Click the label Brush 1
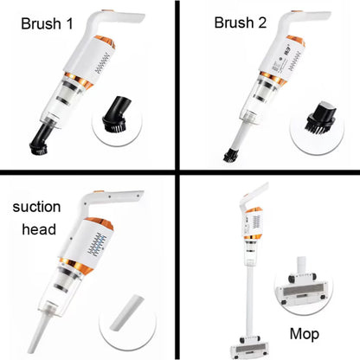pos(47,23)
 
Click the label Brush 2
pos(241,22)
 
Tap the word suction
pos(36,207)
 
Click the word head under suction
pos(39,229)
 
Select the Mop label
pos(305,334)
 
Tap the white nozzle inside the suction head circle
pos(126,312)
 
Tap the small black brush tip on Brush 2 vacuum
pos(230,155)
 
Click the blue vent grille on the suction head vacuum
pos(96,244)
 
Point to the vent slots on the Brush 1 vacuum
pos(102,63)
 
